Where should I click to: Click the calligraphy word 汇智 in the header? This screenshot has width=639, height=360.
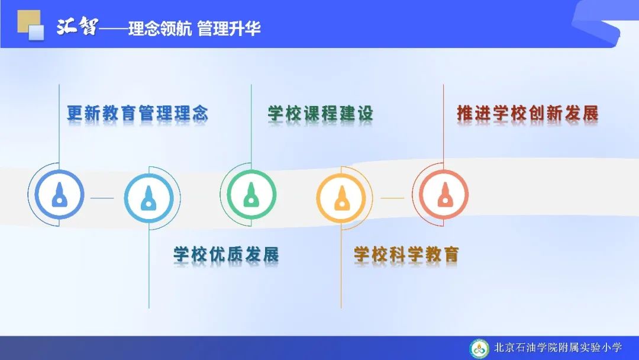click(x=78, y=27)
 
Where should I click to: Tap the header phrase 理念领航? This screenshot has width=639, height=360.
click(x=160, y=28)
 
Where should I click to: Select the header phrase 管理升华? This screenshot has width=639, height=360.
click(x=228, y=28)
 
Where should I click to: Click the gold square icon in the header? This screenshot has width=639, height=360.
click(x=28, y=21)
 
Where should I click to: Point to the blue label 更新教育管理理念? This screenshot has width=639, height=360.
click(x=138, y=113)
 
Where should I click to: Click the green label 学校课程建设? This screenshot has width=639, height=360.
click(x=320, y=113)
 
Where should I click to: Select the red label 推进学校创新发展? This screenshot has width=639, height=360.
click(x=528, y=113)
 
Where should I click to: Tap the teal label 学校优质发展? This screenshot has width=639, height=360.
click(x=226, y=255)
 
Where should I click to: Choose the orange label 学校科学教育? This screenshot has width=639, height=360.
click(x=406, y=255)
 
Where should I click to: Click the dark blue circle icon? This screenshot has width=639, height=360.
click(x=60, y=194)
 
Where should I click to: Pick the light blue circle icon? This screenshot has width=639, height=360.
click(x=149, y=198)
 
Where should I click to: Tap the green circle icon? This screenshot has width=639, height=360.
click(x=251, y=194)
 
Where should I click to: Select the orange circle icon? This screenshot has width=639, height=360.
click(x=341, y=198)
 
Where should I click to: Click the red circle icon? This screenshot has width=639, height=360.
click(x=444, y=194)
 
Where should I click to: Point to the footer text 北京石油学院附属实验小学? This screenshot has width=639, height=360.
click(x=558, y=348)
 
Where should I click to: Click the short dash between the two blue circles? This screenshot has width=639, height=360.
click(x=102, y=198)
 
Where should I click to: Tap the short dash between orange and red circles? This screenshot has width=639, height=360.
click(x=392, y=198)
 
